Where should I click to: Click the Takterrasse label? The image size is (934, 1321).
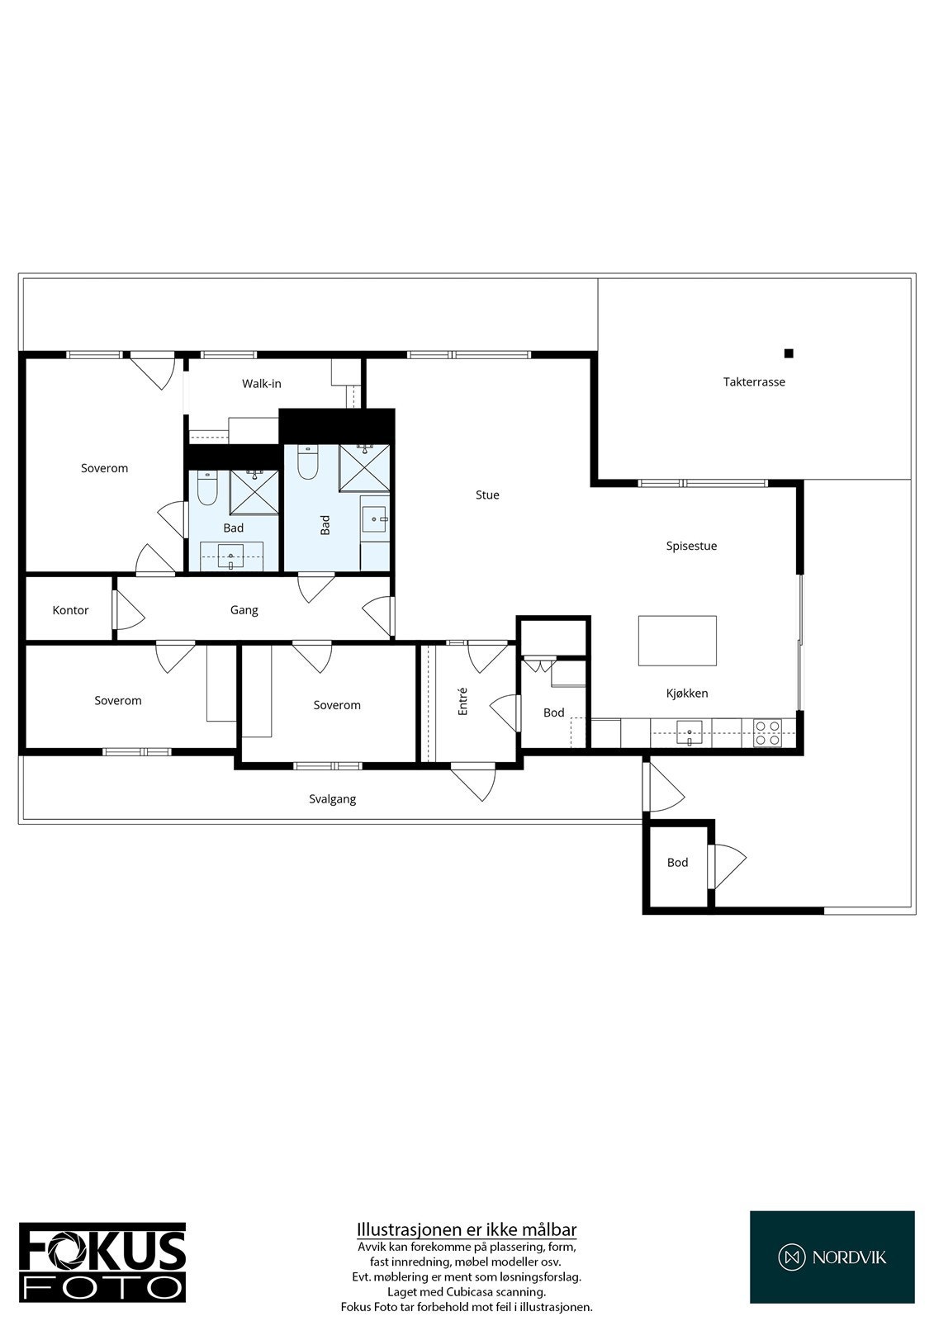[754, 382]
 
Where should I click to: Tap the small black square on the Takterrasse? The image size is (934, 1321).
[789, 353]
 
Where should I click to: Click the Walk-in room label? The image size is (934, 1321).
[262, 384]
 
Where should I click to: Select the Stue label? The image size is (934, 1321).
[487, 495]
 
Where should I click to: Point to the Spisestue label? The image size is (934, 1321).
[691, 546]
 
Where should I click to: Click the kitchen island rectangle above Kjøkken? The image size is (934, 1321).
[677, 641]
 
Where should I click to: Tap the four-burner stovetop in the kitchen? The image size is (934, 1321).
[768, 733]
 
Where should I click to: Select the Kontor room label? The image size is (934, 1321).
[70, 611]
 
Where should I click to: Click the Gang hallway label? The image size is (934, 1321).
[244, 610]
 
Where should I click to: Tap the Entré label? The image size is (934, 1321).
[463, 701]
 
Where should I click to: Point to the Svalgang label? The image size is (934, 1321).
[333, 799]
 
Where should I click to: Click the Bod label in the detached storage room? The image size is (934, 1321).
[677, 863]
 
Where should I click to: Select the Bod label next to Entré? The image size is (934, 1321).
[553, 713]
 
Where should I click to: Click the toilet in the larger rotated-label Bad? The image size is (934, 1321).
[307, 464]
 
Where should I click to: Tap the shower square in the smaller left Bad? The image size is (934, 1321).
[254, 491]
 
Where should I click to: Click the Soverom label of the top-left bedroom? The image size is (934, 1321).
[105, 468]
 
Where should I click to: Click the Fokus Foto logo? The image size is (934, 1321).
[102, 1263]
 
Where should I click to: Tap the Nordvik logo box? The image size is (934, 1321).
[832, 1257]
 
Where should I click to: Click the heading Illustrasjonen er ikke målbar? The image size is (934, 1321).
[467, 1230]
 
